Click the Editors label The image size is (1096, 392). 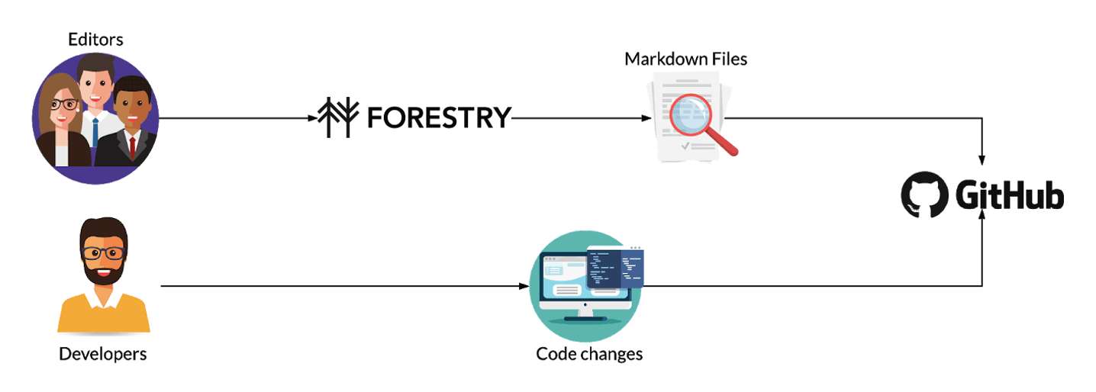[x=95, y=40]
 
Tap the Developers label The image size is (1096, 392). [x=103, y=354]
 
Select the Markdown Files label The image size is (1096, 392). [x=686, y=59]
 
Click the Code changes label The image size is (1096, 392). [x=589, y=354]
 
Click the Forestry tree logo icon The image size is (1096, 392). [x=339, y=117]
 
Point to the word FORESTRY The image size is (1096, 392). [x=439, y=117]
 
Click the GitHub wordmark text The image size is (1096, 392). [x=1010, y=195]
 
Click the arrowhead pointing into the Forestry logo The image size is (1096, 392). [x=313, y=117]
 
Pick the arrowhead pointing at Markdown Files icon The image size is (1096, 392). [x=646, y=117]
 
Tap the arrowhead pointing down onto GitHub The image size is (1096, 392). [x=982, y=160]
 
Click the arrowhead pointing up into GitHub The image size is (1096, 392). [x=982, y=214]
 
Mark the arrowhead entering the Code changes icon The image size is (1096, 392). [x=524, y=286]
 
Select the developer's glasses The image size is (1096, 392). [x=104, y=253]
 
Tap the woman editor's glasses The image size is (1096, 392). [x=63, y=104]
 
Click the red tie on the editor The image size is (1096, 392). [x=132, y=146]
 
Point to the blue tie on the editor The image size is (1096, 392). [x=95, y=132]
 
